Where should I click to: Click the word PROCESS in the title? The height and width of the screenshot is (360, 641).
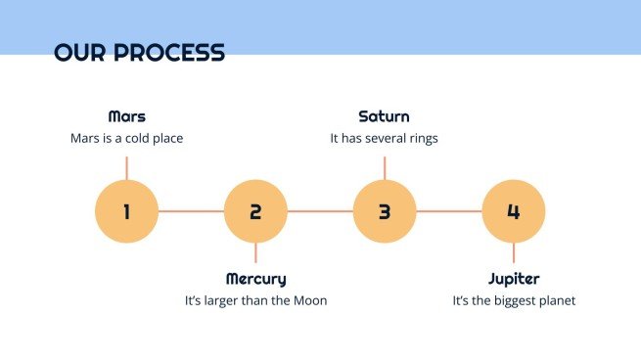pos(169,52)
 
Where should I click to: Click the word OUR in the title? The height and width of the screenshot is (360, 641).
pos(79,52)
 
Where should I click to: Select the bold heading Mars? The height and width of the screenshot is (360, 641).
pos(126,116)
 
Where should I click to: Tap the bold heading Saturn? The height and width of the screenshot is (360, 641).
pos(384,116)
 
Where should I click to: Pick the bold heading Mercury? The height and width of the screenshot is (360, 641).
pos(255,279)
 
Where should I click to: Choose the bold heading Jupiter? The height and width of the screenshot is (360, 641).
pos(514,279)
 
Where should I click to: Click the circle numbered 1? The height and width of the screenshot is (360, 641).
pos(126,211)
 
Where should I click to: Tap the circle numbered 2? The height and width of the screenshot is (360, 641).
pos(255,211)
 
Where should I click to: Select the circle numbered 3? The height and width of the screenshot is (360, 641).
pos(385,211)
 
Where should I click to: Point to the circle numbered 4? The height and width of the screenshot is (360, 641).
pos(514,211)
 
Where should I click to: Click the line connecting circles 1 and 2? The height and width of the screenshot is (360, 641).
pos(191,211)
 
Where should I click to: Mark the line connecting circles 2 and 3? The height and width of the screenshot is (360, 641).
pos(320,211)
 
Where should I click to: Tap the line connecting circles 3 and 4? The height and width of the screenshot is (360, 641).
pos(449,211)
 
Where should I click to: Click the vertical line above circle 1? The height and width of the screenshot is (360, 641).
pos(126,168)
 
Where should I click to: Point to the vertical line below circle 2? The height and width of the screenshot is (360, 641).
pos(255,252)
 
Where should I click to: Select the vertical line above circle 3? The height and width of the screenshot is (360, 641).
pos(385,168)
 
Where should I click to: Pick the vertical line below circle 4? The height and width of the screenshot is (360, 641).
pos(514,252)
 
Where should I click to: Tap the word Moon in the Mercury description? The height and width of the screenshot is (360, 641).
pos(310,300)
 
